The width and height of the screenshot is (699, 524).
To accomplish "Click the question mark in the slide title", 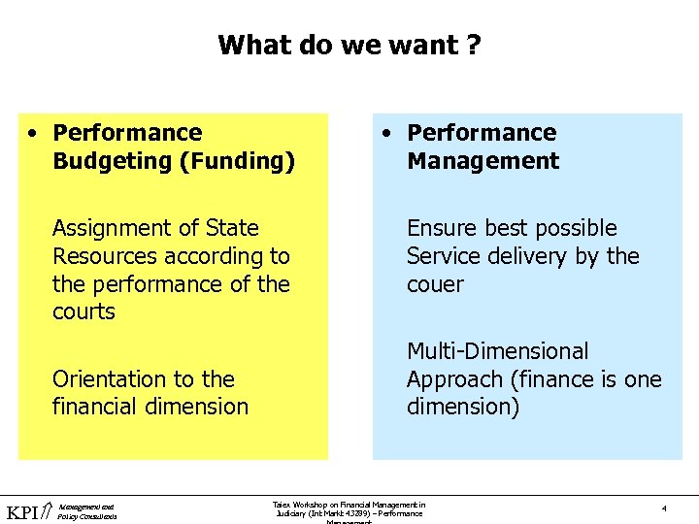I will (472, 45).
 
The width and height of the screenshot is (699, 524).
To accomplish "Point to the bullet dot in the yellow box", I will (33, 133).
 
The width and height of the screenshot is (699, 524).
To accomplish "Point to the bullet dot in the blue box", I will (387, 133).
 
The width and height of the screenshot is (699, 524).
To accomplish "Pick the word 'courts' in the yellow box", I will (83, 311).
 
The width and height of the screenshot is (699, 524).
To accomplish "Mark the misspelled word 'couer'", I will (435, 284).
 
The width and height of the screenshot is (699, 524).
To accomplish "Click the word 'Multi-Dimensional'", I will (497, 350).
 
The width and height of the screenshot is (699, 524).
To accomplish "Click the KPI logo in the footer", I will (26, 511).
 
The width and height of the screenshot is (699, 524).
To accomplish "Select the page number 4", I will (663, 508).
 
